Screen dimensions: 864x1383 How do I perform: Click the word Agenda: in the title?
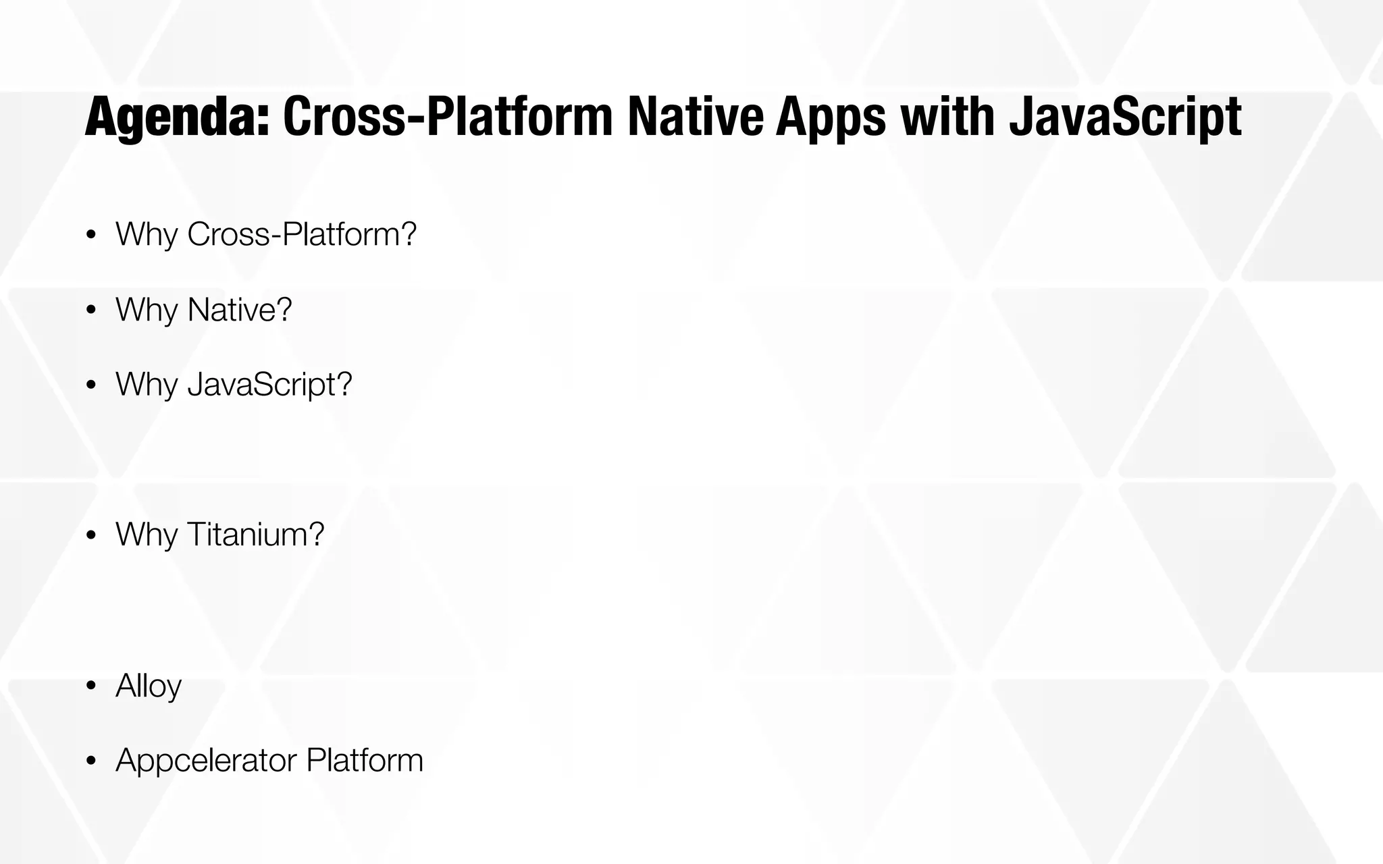[x=177, y=117]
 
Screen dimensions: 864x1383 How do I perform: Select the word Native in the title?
[x=694, y=117]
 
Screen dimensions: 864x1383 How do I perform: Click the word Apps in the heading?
[x=831, y=117]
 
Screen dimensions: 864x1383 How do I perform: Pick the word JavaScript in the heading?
[x=1124, y=117]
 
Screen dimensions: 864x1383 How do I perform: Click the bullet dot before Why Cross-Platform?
[x=91, y=235]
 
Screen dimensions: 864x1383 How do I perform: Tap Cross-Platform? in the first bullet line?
[x=302, y=235]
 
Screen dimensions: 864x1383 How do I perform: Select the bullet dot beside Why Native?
[x=91, y=310]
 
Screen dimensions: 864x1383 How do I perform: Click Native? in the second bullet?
[x=240, y=310]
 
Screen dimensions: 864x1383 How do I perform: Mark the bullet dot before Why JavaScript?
[x=91, y=385]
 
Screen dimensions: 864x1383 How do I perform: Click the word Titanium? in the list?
[x=256, y=535]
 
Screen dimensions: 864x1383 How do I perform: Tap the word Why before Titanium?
[x=147, y=535]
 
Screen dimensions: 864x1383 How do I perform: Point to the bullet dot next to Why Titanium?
[x=91, y=536]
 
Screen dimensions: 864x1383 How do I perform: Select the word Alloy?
[x=149, y=686]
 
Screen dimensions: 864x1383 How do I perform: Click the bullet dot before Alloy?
[x=91, y=687]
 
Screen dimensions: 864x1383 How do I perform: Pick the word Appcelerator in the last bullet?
[x=206, y=761]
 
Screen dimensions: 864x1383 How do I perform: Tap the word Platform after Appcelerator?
[x=365, y=761]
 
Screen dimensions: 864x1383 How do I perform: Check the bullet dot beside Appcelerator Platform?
[x=91, y=761]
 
